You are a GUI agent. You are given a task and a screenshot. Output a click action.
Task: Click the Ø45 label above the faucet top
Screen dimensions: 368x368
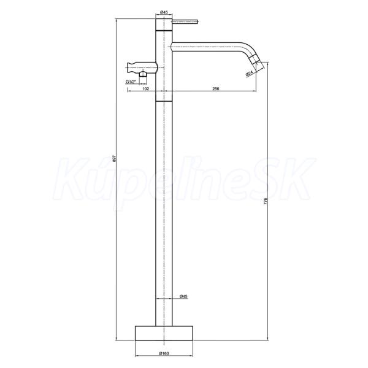(x=164, y=12)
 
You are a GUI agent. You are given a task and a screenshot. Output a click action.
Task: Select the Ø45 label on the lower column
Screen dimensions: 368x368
(x=183, y=296)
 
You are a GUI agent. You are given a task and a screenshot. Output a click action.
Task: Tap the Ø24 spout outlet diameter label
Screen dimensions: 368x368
(x=249, y=73)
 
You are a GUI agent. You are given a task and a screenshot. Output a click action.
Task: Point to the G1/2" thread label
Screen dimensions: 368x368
(x=131, y=82)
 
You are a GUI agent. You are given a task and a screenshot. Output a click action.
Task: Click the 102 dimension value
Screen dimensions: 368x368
(x=146, y=89)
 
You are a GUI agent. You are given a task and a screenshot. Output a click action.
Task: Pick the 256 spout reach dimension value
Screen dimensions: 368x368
(x=215, y=89)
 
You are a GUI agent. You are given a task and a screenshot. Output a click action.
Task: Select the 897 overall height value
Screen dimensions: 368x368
(x=114, y=158)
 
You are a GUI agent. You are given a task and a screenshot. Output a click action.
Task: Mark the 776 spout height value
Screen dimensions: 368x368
(x=266, y=201)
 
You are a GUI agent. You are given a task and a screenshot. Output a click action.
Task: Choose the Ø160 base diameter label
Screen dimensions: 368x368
(x=164, y=353)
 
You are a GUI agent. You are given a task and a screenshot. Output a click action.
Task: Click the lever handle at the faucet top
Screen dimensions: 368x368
(x=186, y=22)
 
